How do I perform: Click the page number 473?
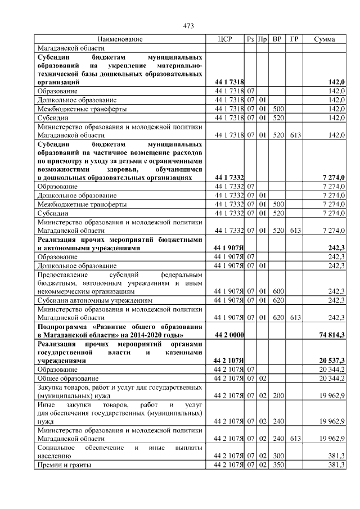pyautogui.click(x=188, y=25)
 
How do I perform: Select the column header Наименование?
pyautogui.click(x=120, y=39)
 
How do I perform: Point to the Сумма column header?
pyautogui.click(x=325, y=39)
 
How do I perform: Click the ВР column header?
pyautogui.click(x=277, y=39)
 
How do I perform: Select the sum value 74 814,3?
pyautogui.click(x=332, y=335)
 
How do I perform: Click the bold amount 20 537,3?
pyautogui.click(x=332, y=360)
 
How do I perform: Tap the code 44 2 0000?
pyautogui.click(x=229, y=335)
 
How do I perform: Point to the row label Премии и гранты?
pyautogui.click(x=64, y=465)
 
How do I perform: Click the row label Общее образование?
pyautogui.click(x=68, y=379)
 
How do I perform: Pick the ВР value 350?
pyautogui.click(x=277, y=465)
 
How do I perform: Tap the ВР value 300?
pyautogui.click(x=277, y=456)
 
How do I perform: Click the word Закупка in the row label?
pyautogui.click(x=51, y=388)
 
